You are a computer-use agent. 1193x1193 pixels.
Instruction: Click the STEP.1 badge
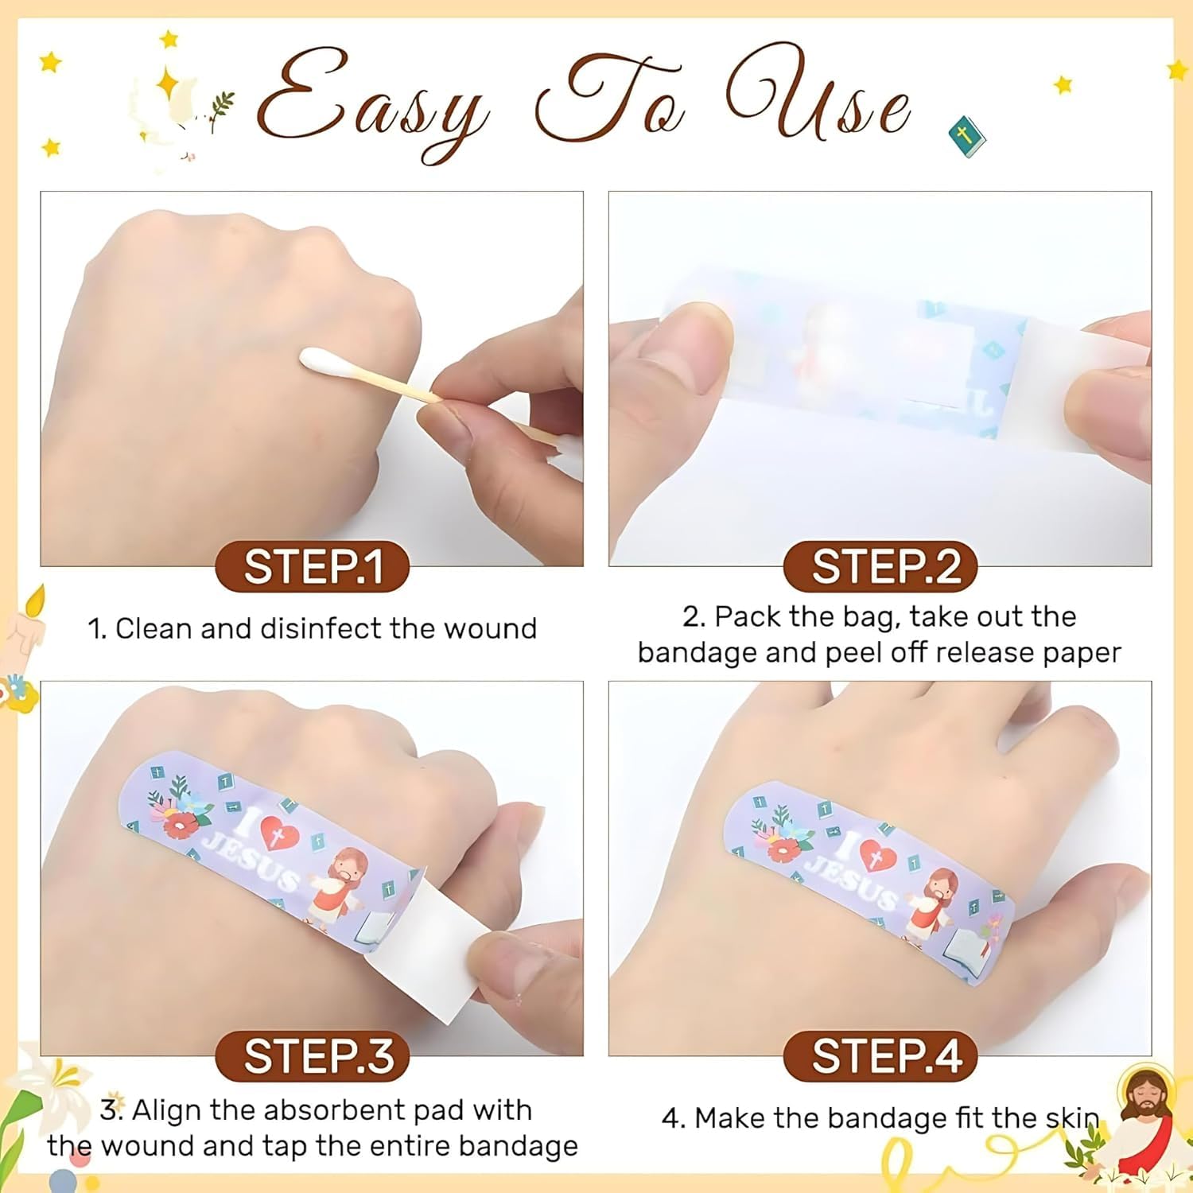click(x=313, y=567)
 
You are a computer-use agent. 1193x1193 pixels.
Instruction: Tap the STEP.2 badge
click(x=880, y=567)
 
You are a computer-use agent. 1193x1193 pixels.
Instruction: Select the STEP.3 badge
click(x=313, y=1057)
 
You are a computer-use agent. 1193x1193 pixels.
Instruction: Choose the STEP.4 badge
click(x=880, y=1057)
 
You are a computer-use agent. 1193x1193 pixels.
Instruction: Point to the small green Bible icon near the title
click(x=966, y=137)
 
